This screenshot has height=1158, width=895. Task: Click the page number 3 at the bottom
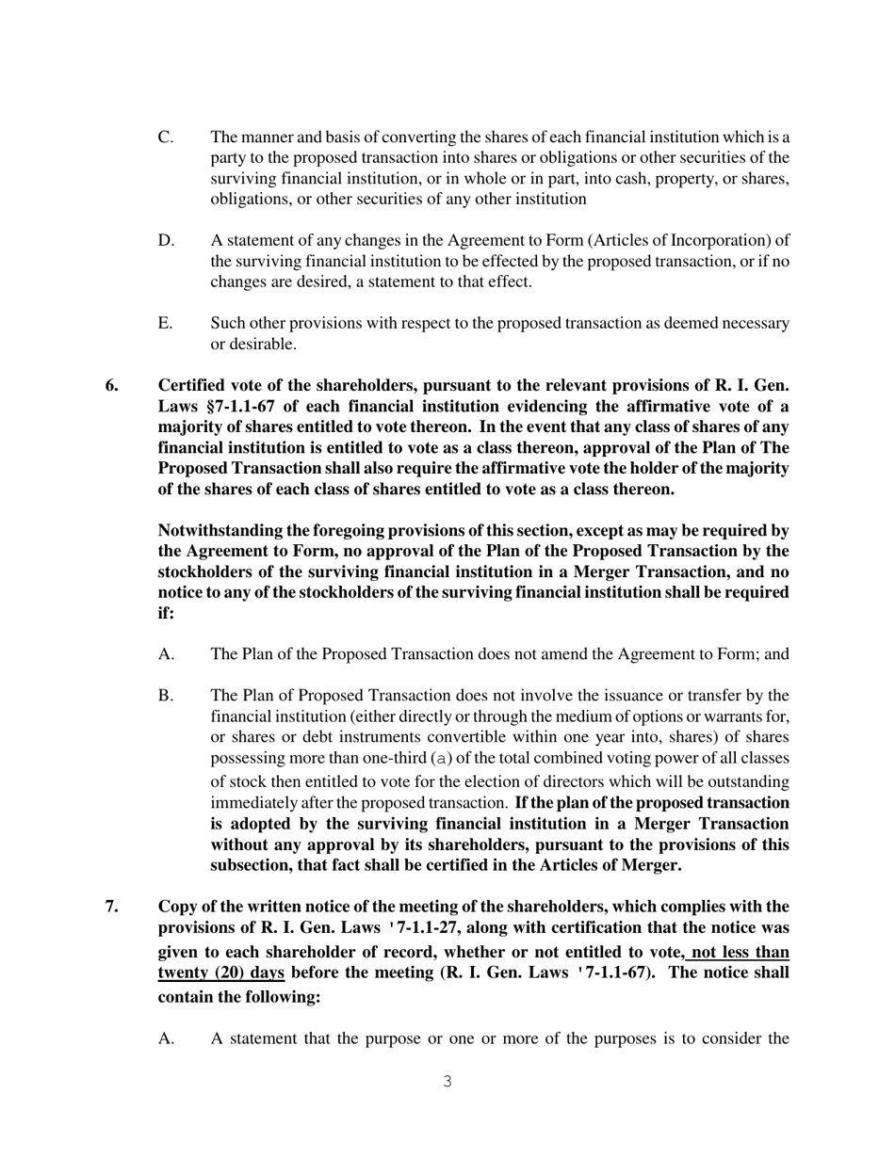[x=447, y=1082]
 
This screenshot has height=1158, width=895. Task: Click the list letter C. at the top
[x=166, y=137]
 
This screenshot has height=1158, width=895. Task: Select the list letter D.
[x=166, y=240]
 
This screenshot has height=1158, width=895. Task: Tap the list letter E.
[x=165, y=323]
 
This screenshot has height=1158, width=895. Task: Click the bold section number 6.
[x=112, y=385]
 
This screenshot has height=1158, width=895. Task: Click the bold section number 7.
[x=112, y=907]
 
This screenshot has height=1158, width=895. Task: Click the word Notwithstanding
[x=222, y=530]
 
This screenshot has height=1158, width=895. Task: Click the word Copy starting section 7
[x=177, y=907]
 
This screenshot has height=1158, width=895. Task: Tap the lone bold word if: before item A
[x=166, y=613]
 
